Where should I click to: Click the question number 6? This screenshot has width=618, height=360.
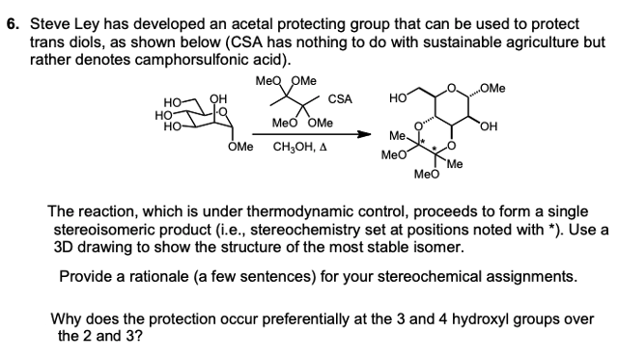13,22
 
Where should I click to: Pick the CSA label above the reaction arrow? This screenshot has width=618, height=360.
340,98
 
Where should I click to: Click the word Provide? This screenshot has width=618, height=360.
86,276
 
